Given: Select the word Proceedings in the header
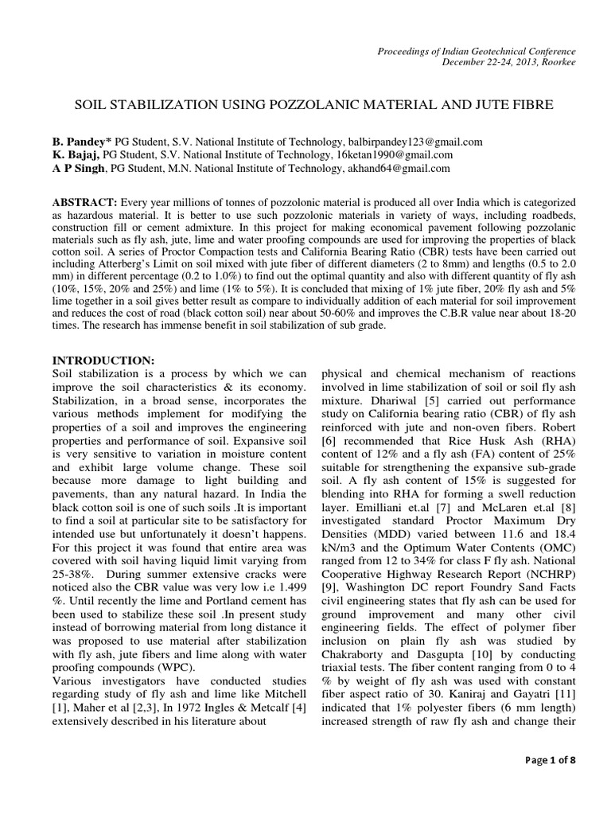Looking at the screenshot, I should [x=403, y=51].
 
